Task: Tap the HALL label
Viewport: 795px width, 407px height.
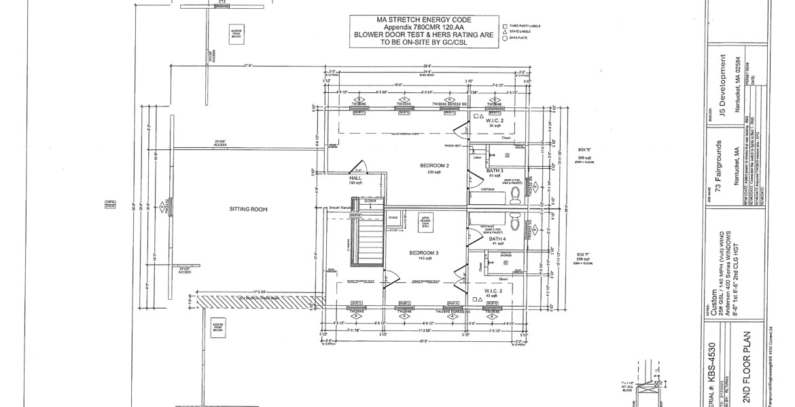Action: pos(355,178)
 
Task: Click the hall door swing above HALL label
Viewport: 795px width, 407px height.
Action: pos(358,166)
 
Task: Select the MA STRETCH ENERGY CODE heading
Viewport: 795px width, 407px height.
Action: pos(422,20)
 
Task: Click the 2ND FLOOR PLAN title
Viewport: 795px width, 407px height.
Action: pos(747,366)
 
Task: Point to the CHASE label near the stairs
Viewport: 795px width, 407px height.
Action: pos(393,218)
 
